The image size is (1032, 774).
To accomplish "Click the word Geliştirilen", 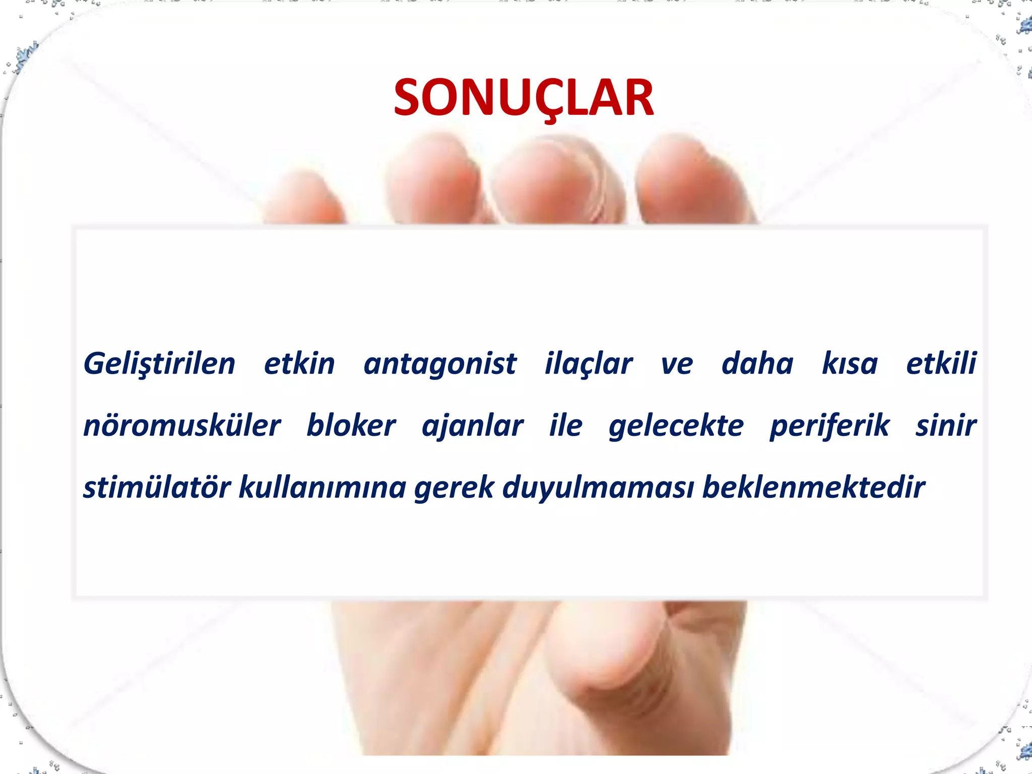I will pos(159,364).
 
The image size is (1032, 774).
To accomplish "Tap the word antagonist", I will pos(440,364).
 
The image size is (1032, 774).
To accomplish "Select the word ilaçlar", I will pos(588,364).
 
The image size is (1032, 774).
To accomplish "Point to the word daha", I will pos(757,364).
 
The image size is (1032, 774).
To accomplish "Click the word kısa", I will pos(850,364).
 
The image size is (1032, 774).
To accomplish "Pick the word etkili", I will pos(941,364).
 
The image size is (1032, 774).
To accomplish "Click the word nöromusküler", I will pos(181,426).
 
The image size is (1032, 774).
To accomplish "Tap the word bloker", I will pos(351,426).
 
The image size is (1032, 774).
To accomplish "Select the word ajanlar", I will pos(472,426).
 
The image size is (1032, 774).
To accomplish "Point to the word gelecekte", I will pos(676,426).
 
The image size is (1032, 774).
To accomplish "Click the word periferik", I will pos(829,426).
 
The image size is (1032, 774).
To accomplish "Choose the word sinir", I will pos(946,426).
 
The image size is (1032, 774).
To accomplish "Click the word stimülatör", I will pos(157,487).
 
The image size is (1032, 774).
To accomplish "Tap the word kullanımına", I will pos(322,487).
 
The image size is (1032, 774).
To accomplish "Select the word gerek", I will pos(454,487).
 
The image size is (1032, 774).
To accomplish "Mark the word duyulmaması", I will pos(598,487).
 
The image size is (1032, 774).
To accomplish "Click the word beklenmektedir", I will pos(813,487).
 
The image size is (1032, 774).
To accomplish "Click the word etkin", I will pos(299,364).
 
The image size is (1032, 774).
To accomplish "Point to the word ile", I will pos(565,426).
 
